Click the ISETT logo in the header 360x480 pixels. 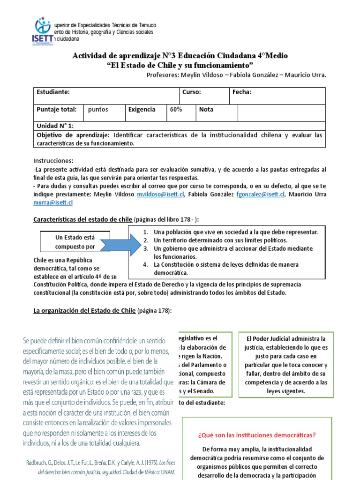(x=45, y=30)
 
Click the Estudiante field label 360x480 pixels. (x=53, y=92)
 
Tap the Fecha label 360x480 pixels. (x=242, y=92)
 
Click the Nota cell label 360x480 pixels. (x=206, y=110)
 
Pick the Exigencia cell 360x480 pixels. (x=142, y=110)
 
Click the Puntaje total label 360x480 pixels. (x=57, y=110)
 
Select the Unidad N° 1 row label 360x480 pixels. (x=55, y=126)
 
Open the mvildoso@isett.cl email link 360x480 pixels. (x=155, y=195)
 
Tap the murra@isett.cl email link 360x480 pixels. (x=53, y=202)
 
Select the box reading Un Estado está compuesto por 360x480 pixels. (x=75, y=242)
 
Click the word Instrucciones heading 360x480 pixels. (x=53, y=161)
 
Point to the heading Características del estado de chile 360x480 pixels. (x=83, y=219)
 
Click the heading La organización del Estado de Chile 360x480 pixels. (x=84, y=311)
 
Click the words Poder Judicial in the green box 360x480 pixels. (x=278, y=338)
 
